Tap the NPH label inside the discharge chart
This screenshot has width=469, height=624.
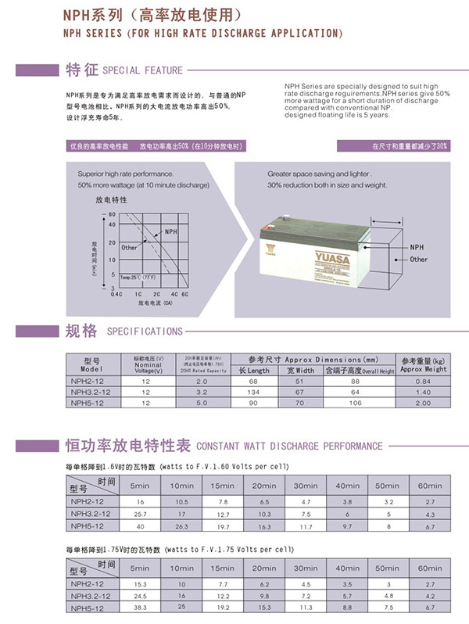[x=170, y=231]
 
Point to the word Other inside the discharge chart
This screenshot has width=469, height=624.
[x=129, y=248]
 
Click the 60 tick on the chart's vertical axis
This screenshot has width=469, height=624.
[x=112, y=214]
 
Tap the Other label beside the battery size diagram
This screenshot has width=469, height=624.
[x=418, y=259]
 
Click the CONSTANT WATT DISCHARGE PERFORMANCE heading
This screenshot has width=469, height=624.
[x=290, y=446]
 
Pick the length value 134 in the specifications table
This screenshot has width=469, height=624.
[x=254, y=392]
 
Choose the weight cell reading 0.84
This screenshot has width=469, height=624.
[x=423, y=381]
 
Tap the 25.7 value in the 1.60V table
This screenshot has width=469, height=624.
[x=141, y=514]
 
